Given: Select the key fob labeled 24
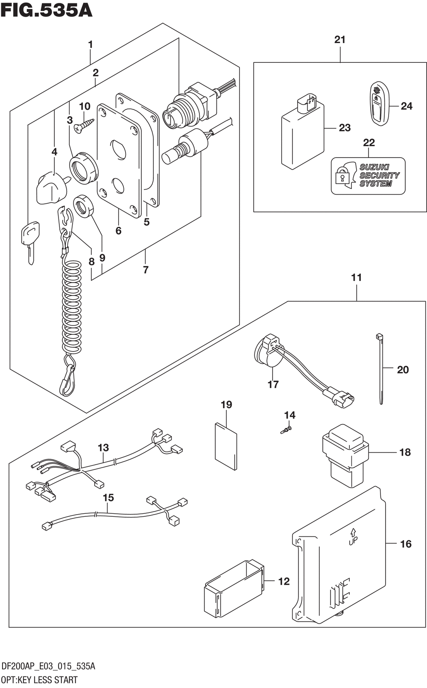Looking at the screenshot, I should [378, 105].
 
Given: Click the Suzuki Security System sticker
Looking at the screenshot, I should [368, 176].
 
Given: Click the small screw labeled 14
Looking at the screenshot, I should [287, 430].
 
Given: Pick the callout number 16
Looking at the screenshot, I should [406, 544].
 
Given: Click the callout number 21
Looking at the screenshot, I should [340, 40].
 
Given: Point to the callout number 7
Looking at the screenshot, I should [146, 269].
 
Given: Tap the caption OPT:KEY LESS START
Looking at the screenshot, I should [39, 680].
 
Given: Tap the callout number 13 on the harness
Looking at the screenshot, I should [103, 448].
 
